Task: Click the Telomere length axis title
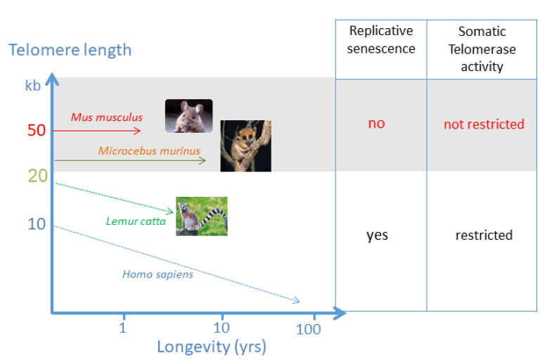tap(70, 51)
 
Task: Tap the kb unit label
tap(33, 86)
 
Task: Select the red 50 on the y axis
tap(37, 130)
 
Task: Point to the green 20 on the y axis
tap(37, 176)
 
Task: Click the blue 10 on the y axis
tap(37, 224)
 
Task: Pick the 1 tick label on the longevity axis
tap(122, 328)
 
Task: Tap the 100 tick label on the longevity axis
tap(308, 329)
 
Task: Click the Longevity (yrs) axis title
tap(212, 347)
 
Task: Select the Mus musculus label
tap(107, 117)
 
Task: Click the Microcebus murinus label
tap(149, 150)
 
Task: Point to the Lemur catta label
tap(136, 221)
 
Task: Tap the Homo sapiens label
tap(157, 274)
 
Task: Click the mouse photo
tap(188, 116)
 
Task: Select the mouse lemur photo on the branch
tap(246, 146)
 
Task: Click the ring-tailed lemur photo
tap(202, 217)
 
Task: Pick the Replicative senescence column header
tap(381, 40)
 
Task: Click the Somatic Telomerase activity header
tap(482, 49)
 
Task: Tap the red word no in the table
tap(376, 123)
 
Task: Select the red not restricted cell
tap(484, 124)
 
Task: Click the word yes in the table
tap(377, 236)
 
